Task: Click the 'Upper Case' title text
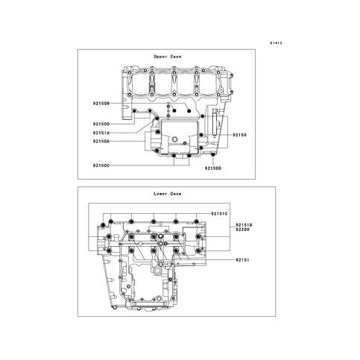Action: point(168,57)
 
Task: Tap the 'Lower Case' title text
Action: point(168,194)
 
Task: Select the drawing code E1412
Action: point(277,43)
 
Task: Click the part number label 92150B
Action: point(101,104)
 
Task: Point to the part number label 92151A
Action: point(101,133)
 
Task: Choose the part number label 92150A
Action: point(101,142)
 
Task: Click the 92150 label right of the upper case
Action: point(239,135)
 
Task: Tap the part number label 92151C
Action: point(219,214)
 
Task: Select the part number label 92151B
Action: point(244,225)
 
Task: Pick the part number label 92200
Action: point(242,230)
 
